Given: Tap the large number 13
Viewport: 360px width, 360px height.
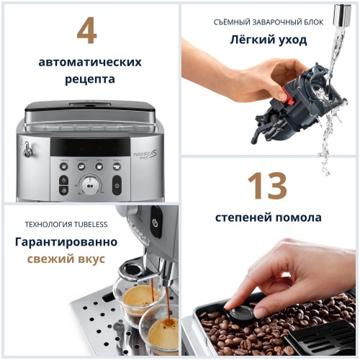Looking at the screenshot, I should click(x=268, y=186).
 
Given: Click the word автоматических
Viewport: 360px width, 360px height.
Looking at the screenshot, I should click(x=90, y=62).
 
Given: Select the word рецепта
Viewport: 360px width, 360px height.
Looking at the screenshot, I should click(x=90, y=79).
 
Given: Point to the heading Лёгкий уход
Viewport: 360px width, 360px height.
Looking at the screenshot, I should click(x=269, y=40).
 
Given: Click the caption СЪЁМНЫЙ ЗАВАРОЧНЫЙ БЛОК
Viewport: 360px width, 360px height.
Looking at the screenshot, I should click(x=269, y=22).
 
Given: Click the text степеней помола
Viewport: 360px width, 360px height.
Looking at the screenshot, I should click(x=268, y=217).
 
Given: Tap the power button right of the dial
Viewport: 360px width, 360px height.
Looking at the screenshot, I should click(x=117, y=186).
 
